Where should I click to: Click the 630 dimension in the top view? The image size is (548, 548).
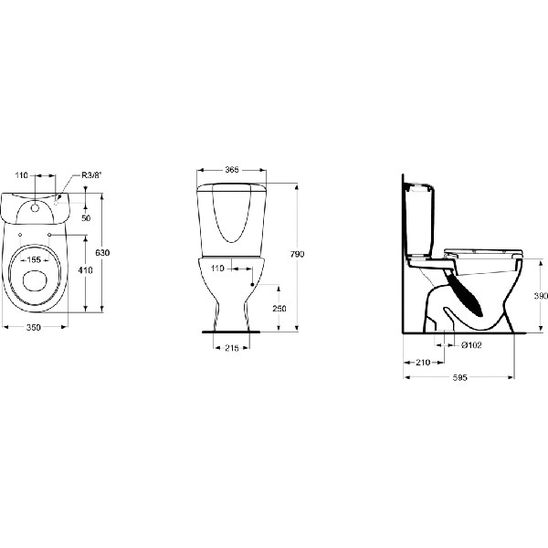tap(108, 253)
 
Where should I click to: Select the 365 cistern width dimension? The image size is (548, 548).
tap(233, 171)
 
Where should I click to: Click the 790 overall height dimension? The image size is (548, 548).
tap(297, 254)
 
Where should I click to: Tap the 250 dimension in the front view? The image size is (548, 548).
tap(279, 309)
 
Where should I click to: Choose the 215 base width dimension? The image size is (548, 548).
tap(232, 347)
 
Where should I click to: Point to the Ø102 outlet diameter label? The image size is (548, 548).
tap(472, 344)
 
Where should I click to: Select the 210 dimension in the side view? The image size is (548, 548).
tap(423, 363)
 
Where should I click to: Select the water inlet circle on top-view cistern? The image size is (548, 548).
tap(37, 205)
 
